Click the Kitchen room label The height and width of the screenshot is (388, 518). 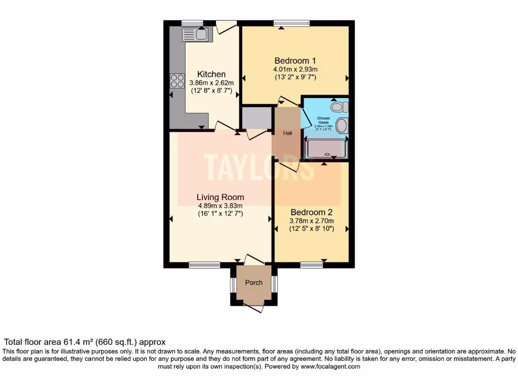click(x=211, y=74)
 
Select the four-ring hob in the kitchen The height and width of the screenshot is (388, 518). click(x=177, y=81)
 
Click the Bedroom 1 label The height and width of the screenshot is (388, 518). click(x=295, y=60)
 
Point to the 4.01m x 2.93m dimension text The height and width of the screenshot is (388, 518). click(x=295, y=69)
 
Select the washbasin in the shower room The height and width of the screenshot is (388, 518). click(x=342, y=126)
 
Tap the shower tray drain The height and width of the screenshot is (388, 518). click(x=327, y=154)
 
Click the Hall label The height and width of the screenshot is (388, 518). click(x=287, y=133)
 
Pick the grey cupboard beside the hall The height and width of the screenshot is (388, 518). click(x=256, y=118)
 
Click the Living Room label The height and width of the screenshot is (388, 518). click(x=220, y=197)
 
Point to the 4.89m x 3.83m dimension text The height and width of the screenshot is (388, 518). click(x=220, y=206)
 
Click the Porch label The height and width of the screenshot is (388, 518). click(x=253, y=282)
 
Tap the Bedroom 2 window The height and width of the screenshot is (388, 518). click(x=312, y=265)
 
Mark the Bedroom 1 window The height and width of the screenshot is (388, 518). click(x=292, y=23)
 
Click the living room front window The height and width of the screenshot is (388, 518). click(x=205, y=265)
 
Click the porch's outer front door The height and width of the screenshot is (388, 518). click(x=253, y=306)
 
